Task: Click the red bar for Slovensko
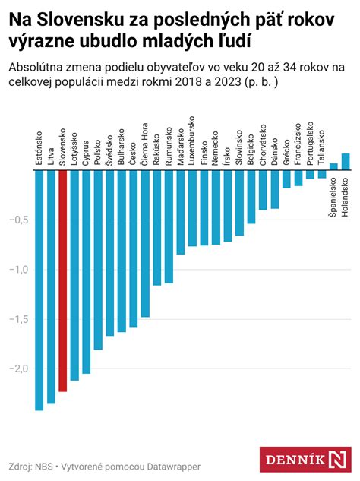coord(62,281)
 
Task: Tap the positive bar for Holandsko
coord(346,162)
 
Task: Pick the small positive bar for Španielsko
coord(333,167)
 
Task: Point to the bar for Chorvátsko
coord(263,190)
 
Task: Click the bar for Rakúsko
coord(156,228)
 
